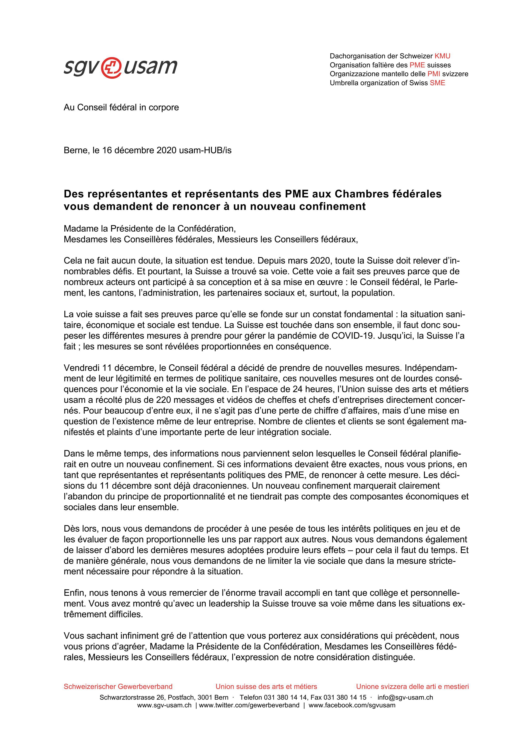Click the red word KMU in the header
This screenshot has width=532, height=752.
442,56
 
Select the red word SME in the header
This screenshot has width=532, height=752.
437,83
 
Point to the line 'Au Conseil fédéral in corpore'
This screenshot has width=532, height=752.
121,108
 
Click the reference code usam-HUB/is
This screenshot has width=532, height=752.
205,150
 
